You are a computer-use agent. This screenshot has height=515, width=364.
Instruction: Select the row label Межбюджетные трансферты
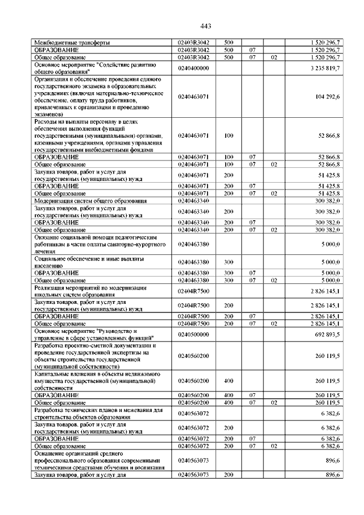(x=72, y=43)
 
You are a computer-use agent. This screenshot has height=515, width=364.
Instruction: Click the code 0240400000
(x=194, y=68)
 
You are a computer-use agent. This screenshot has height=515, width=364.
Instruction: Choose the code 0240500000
(x=194, y=335)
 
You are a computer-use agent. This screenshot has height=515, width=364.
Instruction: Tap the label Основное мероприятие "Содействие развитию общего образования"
(x=93, y=68)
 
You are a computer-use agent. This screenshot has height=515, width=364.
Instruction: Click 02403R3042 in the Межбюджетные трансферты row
(x=194, y=43)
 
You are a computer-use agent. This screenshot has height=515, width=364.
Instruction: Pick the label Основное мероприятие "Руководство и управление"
(x=93, y=335)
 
